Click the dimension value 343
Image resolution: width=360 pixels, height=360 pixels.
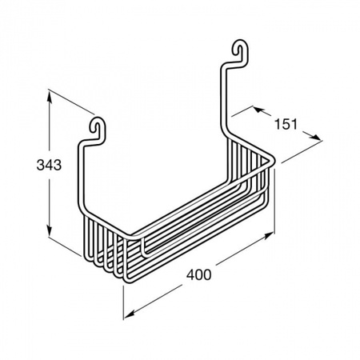click(49, 165)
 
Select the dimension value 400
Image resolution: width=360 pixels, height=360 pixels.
click(198, 274)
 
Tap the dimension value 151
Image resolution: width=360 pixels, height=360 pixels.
click(286, 124)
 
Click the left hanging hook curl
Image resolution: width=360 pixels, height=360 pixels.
click(97, 128)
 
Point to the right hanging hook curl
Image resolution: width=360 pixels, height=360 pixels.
click(241, 50)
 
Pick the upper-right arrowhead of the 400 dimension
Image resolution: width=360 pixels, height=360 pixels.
click(267, 236)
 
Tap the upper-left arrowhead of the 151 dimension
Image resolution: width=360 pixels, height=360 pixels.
click(259, 110)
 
